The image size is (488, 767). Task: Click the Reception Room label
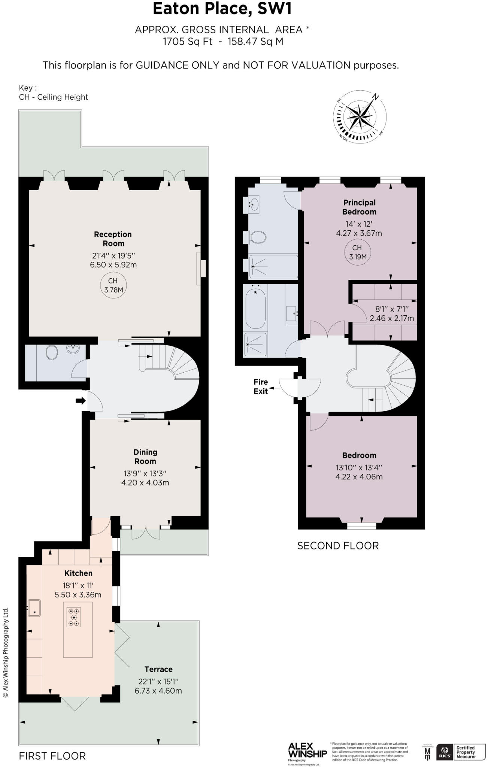113,239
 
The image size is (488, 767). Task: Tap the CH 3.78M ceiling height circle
113,285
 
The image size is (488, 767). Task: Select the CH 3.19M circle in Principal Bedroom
357,252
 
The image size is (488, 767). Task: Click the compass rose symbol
360,117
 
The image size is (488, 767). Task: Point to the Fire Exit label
261,386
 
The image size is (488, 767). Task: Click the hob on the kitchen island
74,617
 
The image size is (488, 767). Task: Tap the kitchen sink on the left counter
34,608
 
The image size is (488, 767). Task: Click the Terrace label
158,669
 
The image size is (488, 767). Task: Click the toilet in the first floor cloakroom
51,352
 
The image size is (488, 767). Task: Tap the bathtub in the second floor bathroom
256,308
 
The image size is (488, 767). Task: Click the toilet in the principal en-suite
258,237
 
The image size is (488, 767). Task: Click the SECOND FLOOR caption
338,546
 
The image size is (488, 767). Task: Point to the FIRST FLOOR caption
52,756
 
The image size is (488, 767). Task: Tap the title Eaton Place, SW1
222,9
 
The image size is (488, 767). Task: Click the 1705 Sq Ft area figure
187,42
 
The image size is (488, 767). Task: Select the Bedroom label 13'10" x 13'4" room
359,455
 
